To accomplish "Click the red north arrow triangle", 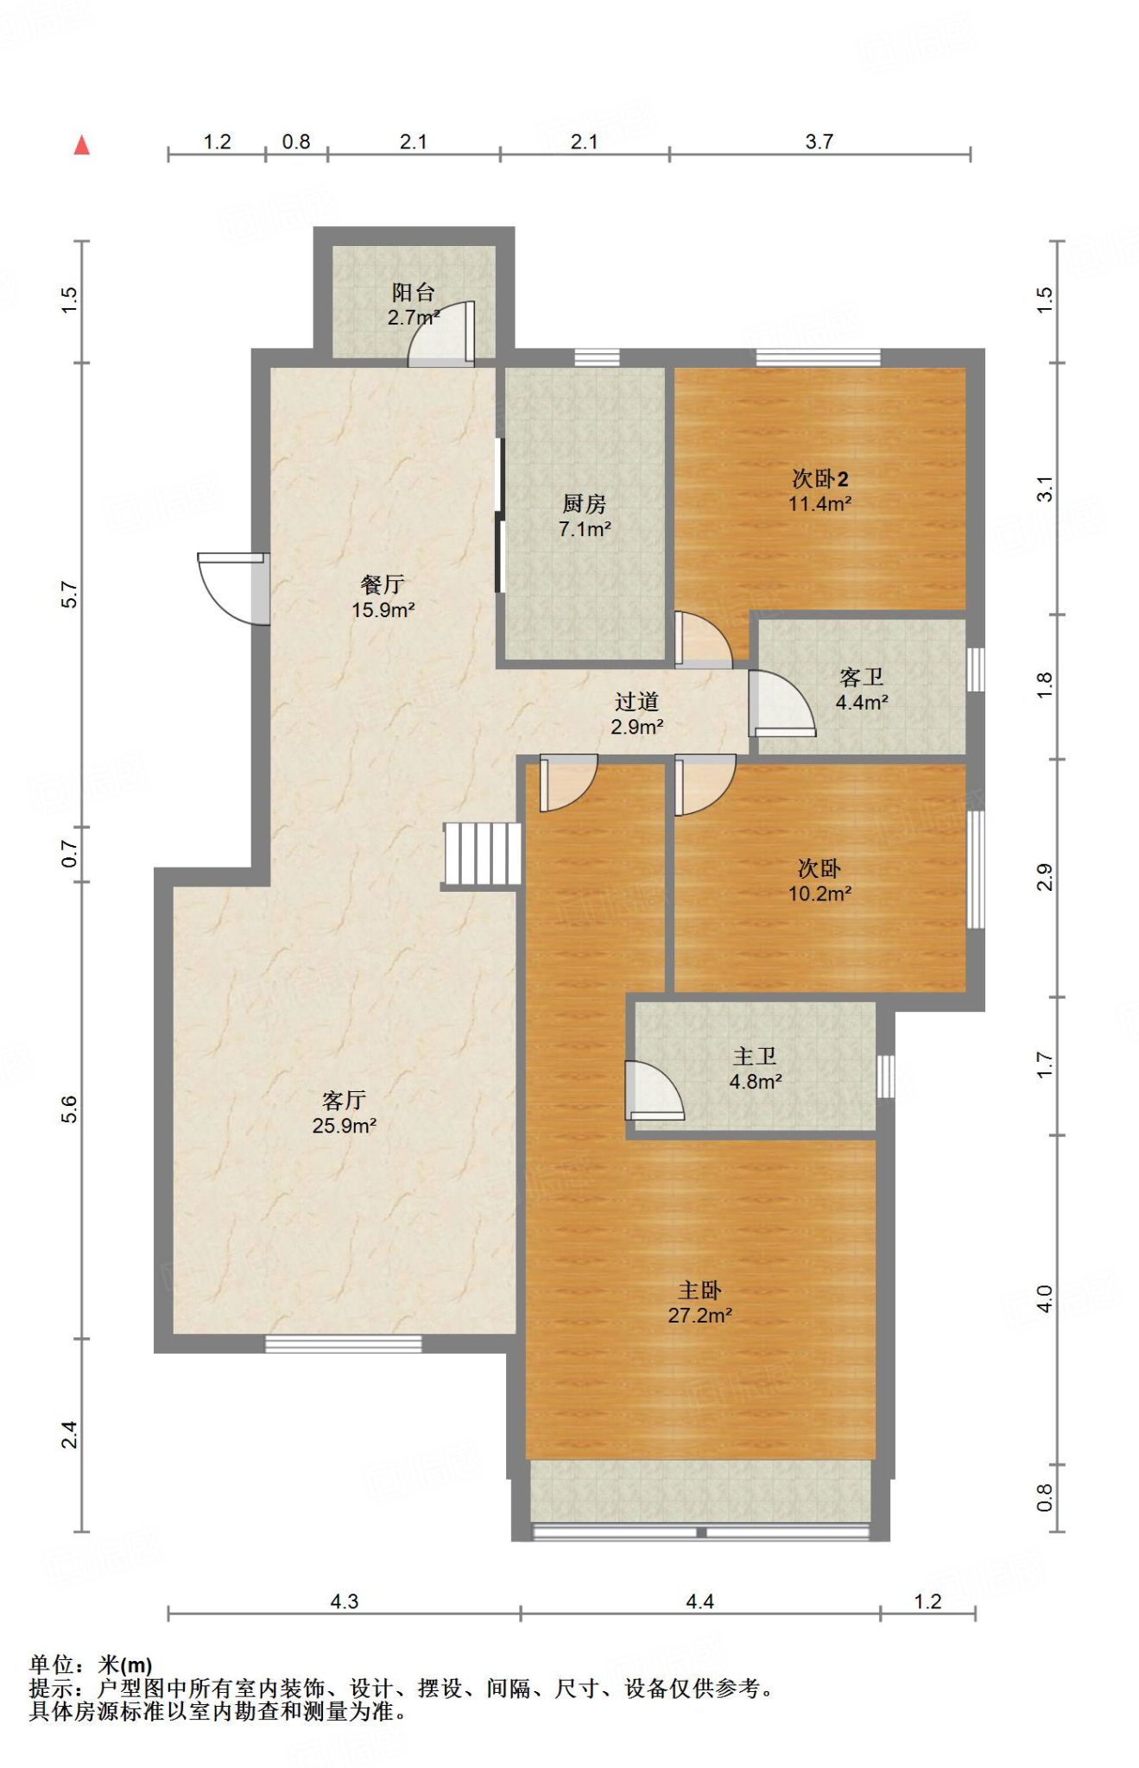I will pyautogui.click(x=82, y=145).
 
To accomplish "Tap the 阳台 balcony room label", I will pyautogui.click(x=413, y=292).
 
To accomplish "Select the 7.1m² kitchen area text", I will pyautogui.click(x=585, y=529).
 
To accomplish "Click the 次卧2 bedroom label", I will pyautogui.click(x=819, y=478).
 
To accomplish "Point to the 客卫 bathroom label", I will pyautogui.click(x=861, y=677).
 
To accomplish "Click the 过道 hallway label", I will pyautogui.click(x=636, y=702).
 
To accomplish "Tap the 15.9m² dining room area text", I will pyautogui.click(x=383, y=610).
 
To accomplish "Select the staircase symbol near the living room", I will pyautogui.click(x=482, y=854).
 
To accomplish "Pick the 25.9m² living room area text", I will pyautogui.click(x=344, y=1126).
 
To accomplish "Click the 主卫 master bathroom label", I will pyautogui.click(x=755, y=1056).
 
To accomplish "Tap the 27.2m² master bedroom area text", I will pyautogui.click(x=699, y=1316).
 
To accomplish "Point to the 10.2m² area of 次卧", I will pyautogui.click(x=819, y=893).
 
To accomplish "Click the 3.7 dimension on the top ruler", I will pyautogui.click(x=819, y=142).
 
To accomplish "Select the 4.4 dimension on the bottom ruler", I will pyautogui.click(x=699, y=1602).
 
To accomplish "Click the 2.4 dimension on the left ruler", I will pyautogui.click(x=69, y=1435).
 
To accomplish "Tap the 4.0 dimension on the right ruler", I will pyautogui.click(x=1045, y=1299).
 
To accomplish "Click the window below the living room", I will pyautogui.click(x=343, y=1343).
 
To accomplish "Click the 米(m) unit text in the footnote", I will pyautogui.click(x=124, y=1664).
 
